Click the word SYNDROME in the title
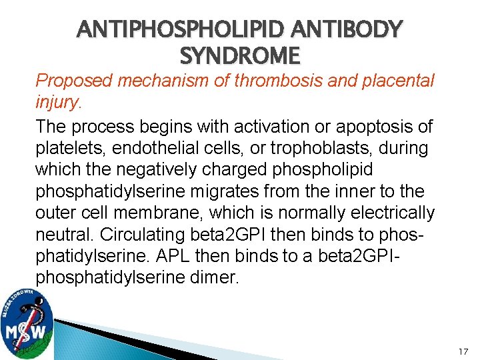(240, 55)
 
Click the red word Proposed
(73, 81)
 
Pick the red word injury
(57, 103)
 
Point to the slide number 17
(464, 351)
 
